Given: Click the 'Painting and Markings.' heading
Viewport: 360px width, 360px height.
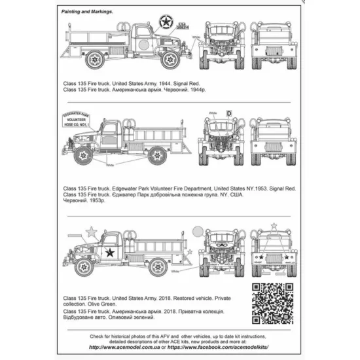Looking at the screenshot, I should tap(87, 12).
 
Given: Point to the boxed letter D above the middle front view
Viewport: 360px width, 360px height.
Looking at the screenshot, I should tap(229, 113).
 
